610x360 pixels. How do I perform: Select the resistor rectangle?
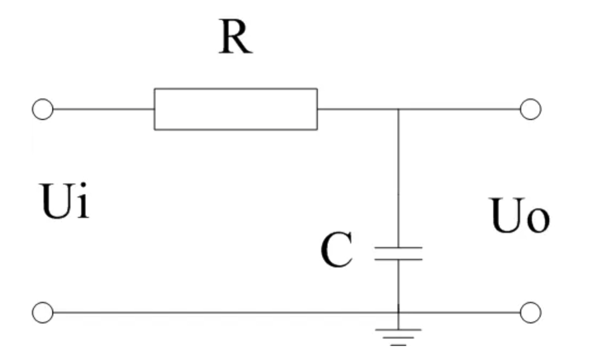pyautogui.click(x=236, y=109)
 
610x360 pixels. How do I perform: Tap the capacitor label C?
pyautogui.click(x=337, y=251)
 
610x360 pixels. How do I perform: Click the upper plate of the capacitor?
pyautogui.click(x=398, y=248)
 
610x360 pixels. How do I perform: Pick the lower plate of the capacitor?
pyautogui.click(x=398, y=259)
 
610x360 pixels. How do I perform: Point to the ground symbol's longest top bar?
pyautogui.click(x=398, y=329)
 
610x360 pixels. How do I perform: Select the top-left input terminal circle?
pyautogui.click(x=42, y=109)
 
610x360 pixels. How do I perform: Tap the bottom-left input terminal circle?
pyautogui.click(x=42, y=312)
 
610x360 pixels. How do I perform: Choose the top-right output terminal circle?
pyautogui.click(x=530, y=109)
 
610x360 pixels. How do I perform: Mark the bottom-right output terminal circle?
pyautogui.click(x=530, y=312)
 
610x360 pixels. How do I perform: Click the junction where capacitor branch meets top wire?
pyautogui.click(x=398, y=109)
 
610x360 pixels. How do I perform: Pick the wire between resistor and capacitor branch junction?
pyautogui.click(x=357, y=109)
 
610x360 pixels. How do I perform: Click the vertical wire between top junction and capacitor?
pyautogui.click(x=398, y=178)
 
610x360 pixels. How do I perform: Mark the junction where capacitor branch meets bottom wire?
pyautogui.click(x=398, y=312)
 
